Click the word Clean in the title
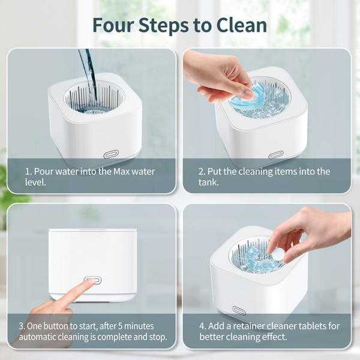tap(242, 25)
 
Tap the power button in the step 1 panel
tap(112, 154)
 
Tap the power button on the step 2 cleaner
tap(276, 155)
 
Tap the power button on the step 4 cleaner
tap(239, 310)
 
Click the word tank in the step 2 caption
tap(208, 182)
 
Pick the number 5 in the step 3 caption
tap(121, 326)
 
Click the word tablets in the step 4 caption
tap(312, 326)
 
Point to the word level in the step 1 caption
tap(35, 182)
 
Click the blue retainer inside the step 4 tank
tap(257, 258)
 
